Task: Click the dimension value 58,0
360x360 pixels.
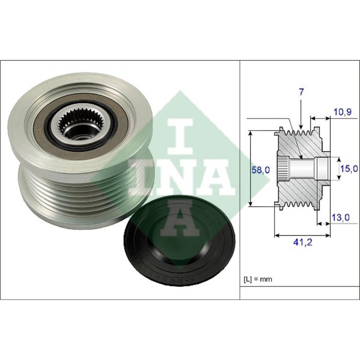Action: click(261, 170)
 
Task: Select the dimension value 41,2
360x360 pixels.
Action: click(302, 242)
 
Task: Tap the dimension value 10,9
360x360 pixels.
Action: click(343, 112)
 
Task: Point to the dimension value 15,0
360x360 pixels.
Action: click(349, 169)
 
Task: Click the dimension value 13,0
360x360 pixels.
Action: click(341, 217)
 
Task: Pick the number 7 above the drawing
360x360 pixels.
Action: click(301, 92)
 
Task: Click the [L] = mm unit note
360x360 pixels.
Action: click(258, 279)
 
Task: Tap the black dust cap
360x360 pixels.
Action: click(179, 240)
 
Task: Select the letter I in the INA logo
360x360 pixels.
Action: click(180, 136)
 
